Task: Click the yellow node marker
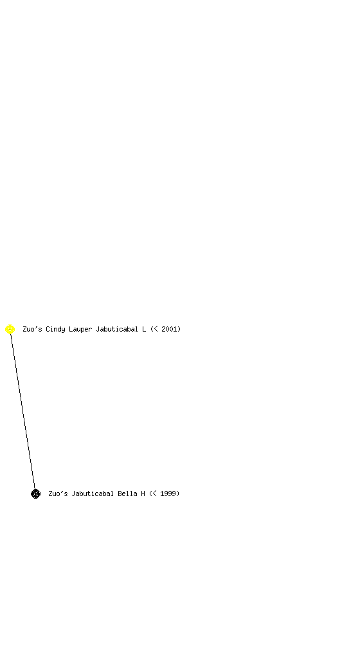[10, 330]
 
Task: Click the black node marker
[35, 494]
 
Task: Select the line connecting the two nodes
[22, 412]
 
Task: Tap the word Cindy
[55, 330]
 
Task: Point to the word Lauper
[80, 330]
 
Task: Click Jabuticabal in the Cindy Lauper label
[117, 330]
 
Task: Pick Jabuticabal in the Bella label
[93, 494]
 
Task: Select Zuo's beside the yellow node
[32, 330]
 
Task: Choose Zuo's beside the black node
[58, 494]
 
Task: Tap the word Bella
[127, 494]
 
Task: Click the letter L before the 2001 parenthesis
[144, 330]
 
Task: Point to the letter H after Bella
[143, 494]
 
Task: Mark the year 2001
[169, 330]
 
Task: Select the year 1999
[168, 494]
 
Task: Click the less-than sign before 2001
[156, 330]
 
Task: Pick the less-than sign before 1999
[154, 494]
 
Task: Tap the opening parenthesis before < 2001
[152, 330]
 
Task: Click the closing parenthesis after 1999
[178, 494]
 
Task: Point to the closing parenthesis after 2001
[179, 330]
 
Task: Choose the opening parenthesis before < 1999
[150, 494]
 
